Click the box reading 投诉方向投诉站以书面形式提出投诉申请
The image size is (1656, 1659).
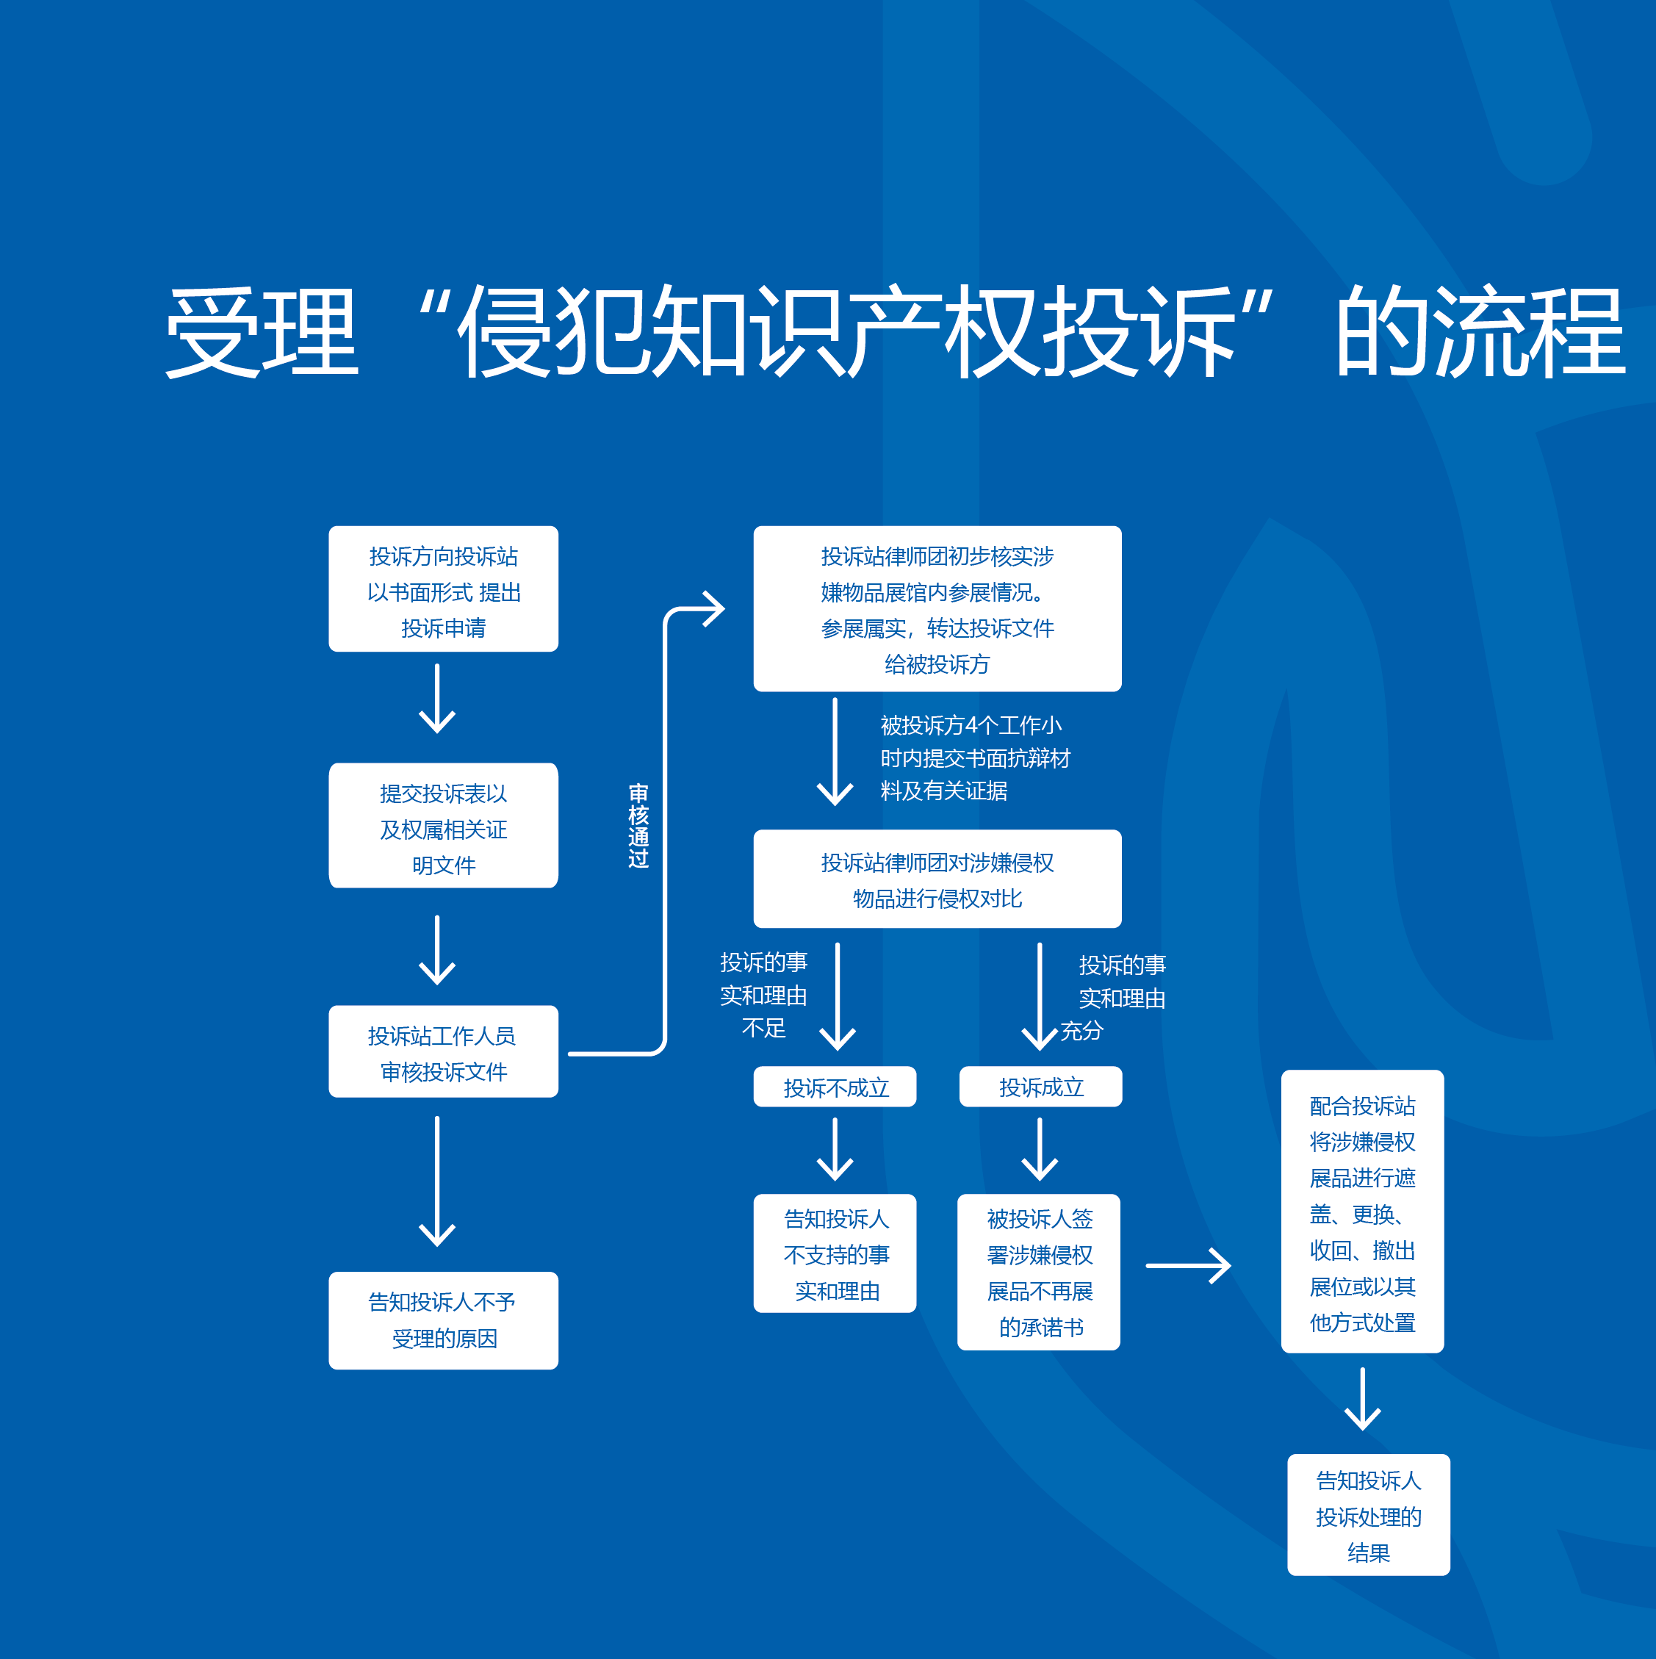pyautogui.click(x=443, y=589)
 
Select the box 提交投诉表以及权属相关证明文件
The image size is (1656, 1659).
pyautogui.click(x=443, y=825)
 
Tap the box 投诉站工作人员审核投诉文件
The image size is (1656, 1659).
pyautogui.click(x=443, y=1051)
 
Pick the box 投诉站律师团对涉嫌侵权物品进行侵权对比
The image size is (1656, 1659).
pyautogui.click(x=937, y=879)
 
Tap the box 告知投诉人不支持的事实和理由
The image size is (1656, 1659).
pyautogui.click(x=835, y=1253)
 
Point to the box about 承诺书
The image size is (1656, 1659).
pyautogui.click(x=1038, y=1272)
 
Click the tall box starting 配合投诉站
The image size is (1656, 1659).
pyautogui.click(x=1361, y=1211)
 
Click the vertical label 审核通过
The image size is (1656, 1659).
pyautogui.click(x=638, y=825)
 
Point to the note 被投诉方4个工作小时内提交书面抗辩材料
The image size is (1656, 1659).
pyautogui.click(x=973, y=757)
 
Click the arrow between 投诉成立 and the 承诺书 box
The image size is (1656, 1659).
pyautogui.click(x=1039, y=1149)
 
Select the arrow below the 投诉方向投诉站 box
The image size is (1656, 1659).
pyautogui.click(x=437, y=698)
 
